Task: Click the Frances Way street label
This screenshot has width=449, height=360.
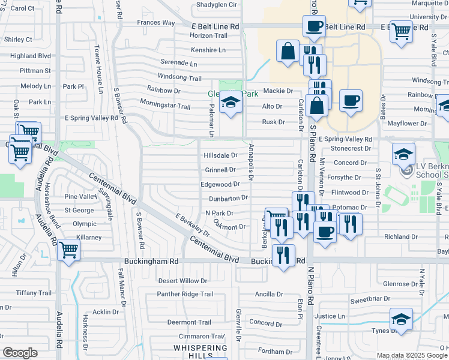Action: coord(155,23)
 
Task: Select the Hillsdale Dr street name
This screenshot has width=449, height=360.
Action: coord(221,155)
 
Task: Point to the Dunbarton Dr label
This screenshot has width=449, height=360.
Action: coord(228,198)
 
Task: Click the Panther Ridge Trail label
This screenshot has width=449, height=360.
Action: coord(185,294)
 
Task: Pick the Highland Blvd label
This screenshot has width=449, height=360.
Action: coord(31,56)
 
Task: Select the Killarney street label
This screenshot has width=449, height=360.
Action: coord(89,238)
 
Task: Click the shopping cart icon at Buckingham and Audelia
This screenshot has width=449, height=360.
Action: coord(69,249)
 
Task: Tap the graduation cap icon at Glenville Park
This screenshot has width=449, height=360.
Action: coord(229,103)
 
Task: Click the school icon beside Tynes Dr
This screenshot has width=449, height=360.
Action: coord(401,319)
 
